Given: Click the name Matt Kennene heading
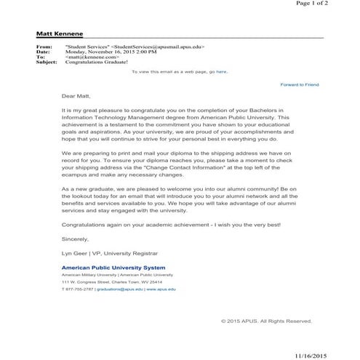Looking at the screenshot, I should coord(60,34).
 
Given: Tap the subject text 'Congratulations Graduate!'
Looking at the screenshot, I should coord(92,62).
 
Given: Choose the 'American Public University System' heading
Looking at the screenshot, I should coord(113,268).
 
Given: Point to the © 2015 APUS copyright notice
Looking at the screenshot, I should coord(266,320).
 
